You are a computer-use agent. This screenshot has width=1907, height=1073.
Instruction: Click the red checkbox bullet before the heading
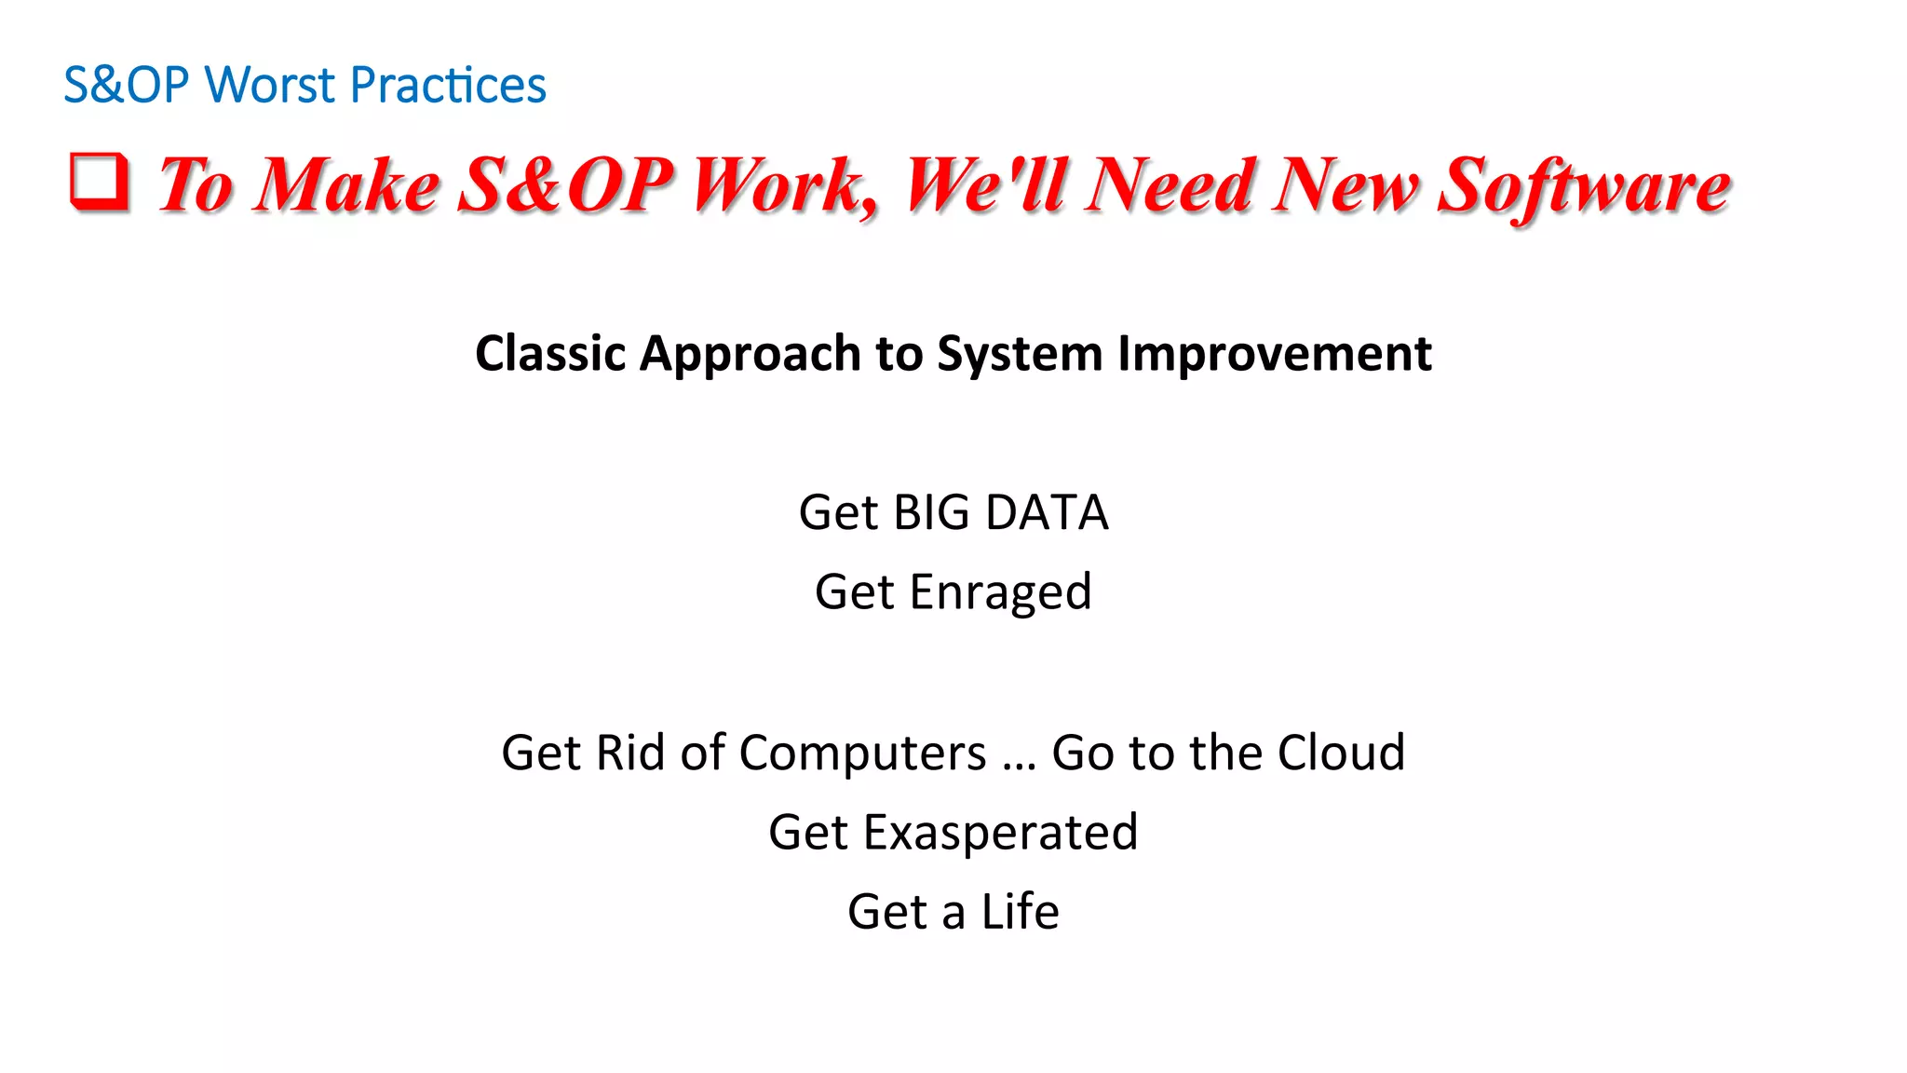(x=100, y=181)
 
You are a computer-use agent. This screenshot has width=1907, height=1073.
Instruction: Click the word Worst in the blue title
(x=270, y=86)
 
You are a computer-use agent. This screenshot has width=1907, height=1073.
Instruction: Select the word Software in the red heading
(x=1583, y=186)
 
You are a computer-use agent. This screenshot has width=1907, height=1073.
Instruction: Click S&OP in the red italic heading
(x=564, y=186)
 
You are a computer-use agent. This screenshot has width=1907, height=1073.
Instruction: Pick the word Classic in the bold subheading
(x=550, y=354)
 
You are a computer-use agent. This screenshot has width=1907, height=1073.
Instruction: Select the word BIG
(x=930, y=513)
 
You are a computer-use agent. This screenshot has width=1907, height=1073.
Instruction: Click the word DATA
(x=1047, y=513)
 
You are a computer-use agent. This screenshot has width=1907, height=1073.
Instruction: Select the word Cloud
(x=1341, y=753)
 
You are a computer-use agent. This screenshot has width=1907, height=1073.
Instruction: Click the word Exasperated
(x=1000, y=833)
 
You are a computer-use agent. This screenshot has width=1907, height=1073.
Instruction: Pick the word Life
(x=1020, y=912)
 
